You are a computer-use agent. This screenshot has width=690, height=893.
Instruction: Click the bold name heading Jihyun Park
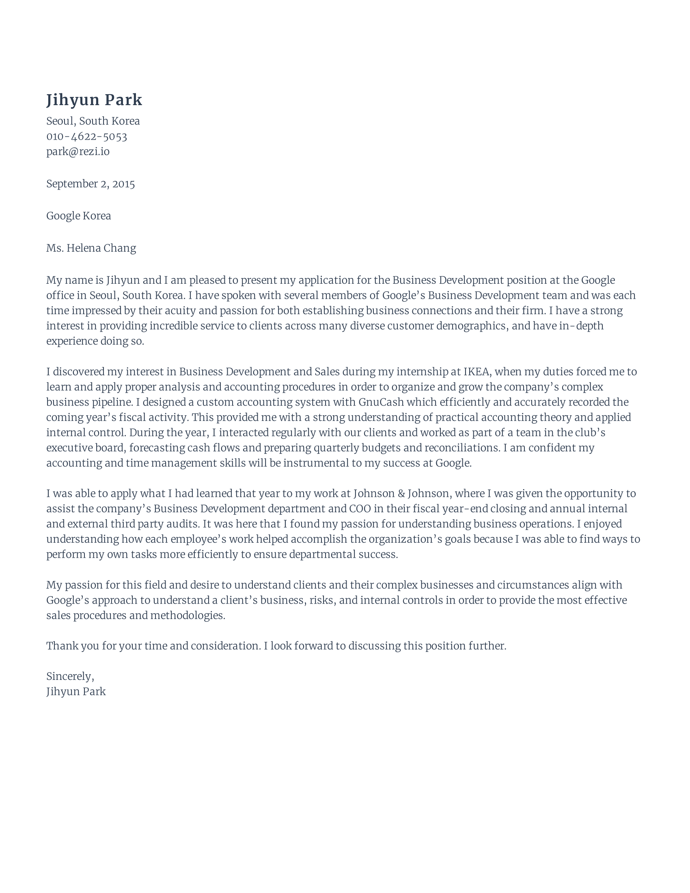tap(94, 100)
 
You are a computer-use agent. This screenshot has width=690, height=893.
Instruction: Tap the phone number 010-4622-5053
tap(87, 136)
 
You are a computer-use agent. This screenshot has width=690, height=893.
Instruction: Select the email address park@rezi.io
tap(78, 152)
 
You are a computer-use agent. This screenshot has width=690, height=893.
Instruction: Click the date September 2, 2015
tap(91, 184)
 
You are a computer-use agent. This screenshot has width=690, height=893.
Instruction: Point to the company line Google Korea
tap(78, 216)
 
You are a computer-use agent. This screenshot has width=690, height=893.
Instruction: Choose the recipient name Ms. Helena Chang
tap(91, 248)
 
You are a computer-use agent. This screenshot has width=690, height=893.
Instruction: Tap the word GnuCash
tap(381, 402)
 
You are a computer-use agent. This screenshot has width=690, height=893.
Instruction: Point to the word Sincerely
tap(70, 676)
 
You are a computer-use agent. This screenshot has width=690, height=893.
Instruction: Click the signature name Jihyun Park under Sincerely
tap(75, 691)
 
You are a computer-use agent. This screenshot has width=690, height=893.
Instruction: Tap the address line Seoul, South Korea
tap(93, 121)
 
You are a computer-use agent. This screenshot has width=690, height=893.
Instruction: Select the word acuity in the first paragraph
tap(180, 311)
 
